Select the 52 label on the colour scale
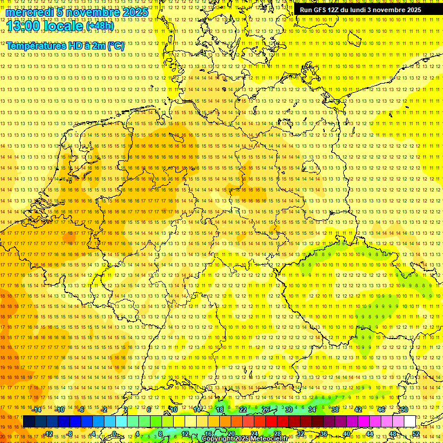(416, 434)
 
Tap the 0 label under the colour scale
(114, 434)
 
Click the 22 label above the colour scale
(243, 410)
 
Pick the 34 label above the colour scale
(312, 410)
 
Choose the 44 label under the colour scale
(370, 434)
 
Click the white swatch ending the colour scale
(410, 422)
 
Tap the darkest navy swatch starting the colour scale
(29, 422)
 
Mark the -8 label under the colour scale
(70, 434)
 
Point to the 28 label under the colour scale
(277, 434)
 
